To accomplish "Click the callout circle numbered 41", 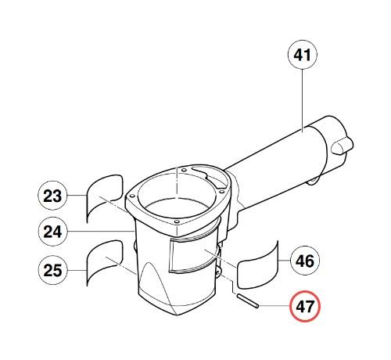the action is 303,55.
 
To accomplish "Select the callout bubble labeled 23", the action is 52,196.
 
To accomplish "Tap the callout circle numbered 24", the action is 52,232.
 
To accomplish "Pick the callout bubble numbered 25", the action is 52,270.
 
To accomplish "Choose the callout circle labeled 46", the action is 305,261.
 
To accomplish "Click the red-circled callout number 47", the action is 305,306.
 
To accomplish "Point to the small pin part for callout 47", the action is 247,301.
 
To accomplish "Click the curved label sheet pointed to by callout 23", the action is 104,198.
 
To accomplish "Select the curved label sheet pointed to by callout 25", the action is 104,262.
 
